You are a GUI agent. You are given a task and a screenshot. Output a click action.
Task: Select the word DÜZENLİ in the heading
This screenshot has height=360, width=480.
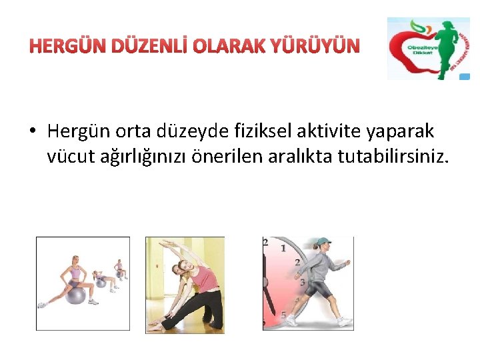[143, 46]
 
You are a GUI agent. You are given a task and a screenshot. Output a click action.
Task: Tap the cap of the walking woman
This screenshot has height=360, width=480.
[323, 242]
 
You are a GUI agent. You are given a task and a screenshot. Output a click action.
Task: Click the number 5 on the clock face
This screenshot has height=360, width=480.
[285, 315]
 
